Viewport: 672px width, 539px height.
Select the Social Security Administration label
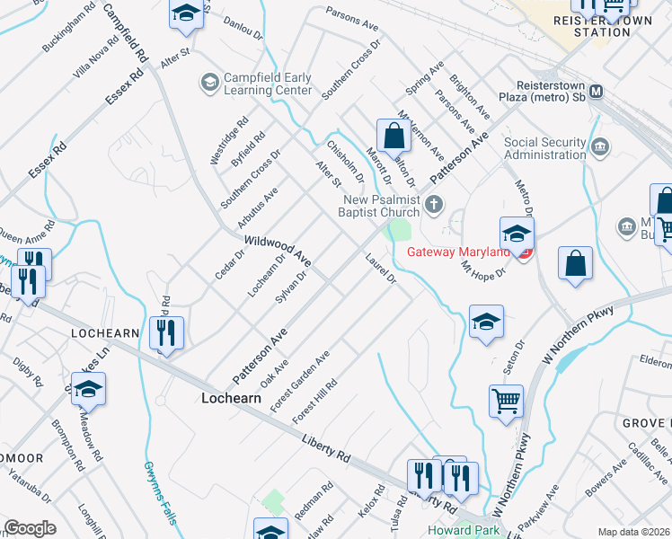[544, 148]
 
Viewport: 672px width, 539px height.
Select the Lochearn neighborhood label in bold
[231, 396]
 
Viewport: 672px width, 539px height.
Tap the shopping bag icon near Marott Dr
[393, 137]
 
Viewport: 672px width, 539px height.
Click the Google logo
[29, 528]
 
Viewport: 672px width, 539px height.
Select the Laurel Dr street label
[381, 269]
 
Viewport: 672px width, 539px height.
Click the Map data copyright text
[632, 532]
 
